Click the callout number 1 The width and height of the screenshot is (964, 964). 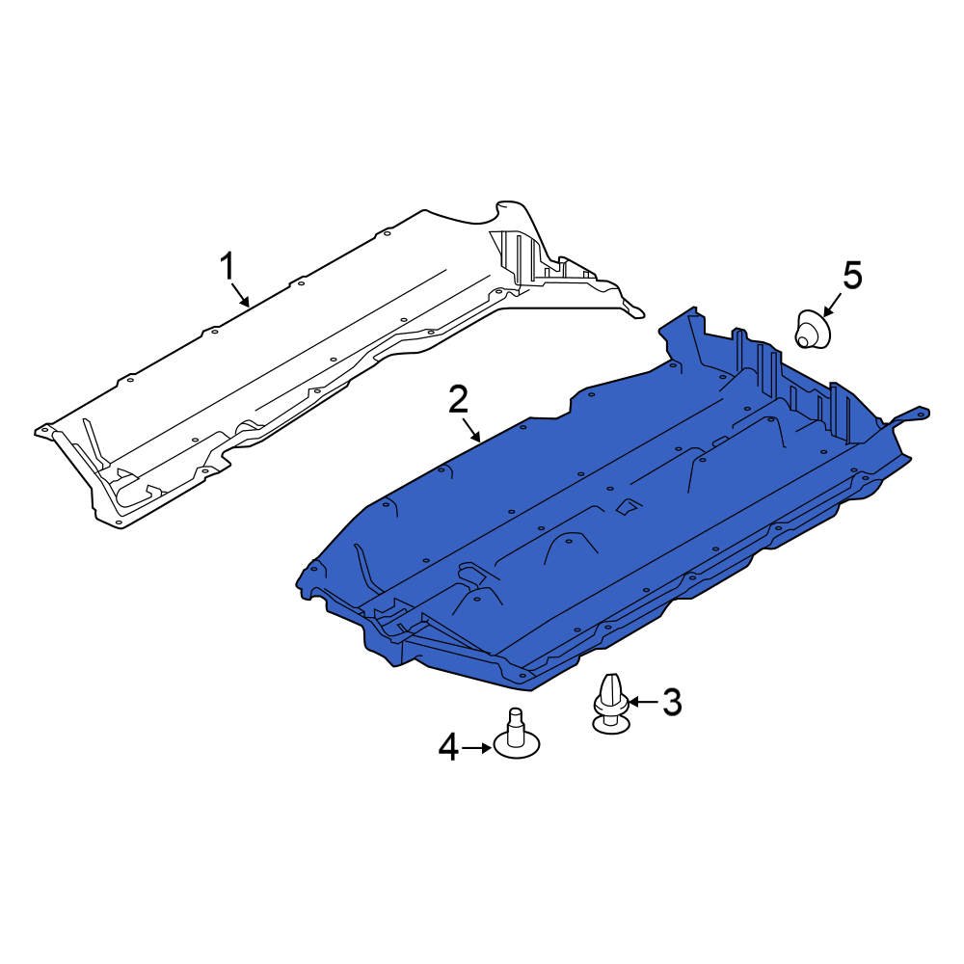228,267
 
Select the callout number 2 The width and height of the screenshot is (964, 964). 459,400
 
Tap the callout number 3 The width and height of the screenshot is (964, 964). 672,702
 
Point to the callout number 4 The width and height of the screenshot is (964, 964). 449,748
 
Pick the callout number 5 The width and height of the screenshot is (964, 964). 852,275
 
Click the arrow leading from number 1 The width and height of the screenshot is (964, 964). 240,294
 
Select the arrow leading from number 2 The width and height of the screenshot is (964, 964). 471,430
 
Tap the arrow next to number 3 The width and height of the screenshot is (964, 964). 643,702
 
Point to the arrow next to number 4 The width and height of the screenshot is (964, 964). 476,748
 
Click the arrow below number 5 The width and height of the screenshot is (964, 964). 833,305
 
